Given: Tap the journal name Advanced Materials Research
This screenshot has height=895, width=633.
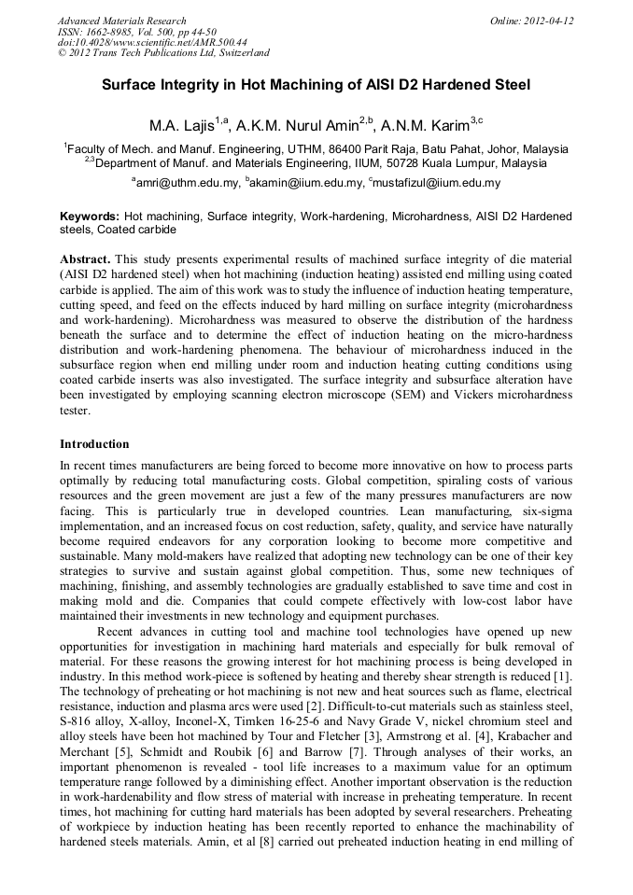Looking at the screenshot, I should point(121,21).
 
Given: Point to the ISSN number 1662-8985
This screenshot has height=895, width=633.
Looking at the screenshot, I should point(117,32).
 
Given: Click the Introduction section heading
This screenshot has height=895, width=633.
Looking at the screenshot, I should point(94,443).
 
